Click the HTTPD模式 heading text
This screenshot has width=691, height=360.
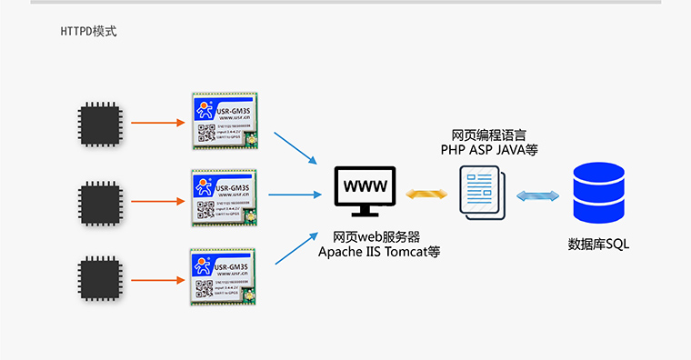coord(88,32)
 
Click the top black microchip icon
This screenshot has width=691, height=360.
coord(100,122)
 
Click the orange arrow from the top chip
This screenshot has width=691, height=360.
coord(156,122)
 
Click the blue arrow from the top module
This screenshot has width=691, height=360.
coord(299,148)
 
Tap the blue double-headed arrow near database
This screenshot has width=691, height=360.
coord(537,195)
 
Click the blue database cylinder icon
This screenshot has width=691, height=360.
coord(598,193)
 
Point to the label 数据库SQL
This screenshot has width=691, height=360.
coord(598,245)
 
